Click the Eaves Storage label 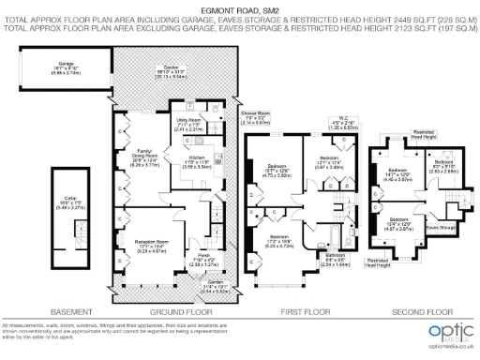[x=439, y=227]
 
